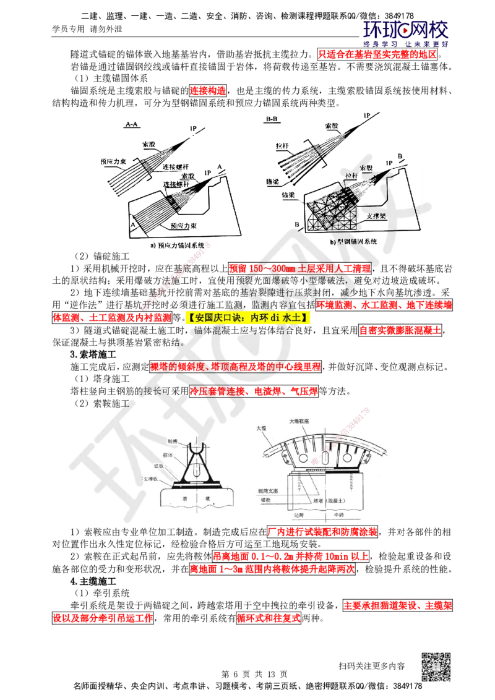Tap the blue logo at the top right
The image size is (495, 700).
[x=406, y=34]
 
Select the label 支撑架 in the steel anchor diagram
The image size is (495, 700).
[x=377, y=217]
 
